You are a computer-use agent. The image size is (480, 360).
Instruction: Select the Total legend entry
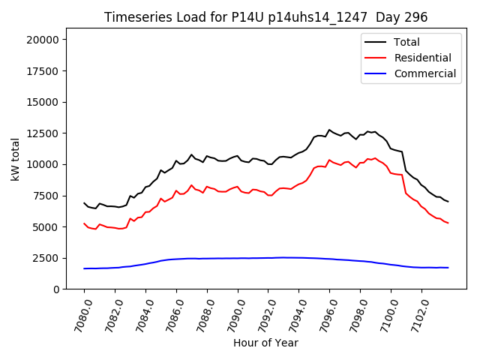406,42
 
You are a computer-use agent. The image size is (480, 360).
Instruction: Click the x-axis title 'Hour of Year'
265,343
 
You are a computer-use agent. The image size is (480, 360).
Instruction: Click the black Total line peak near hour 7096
329,130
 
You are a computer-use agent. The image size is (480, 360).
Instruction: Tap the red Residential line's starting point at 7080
85,223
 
